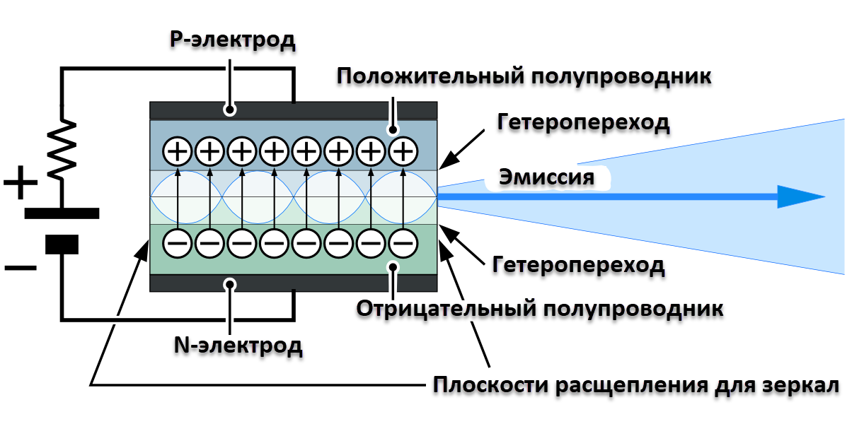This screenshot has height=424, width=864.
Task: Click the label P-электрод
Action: pos(232,40)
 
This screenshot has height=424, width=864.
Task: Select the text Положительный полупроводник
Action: pos(524,76)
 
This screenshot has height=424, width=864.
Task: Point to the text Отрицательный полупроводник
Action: pos(539,309)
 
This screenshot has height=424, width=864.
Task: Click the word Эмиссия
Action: pos(546,177)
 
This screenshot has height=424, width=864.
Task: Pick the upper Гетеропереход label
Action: pos(582,123)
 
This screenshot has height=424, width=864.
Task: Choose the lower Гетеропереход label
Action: pos(577,266)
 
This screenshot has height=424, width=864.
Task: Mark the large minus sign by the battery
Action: pos(21,268)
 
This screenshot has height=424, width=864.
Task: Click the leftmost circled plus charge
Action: pos(178,151)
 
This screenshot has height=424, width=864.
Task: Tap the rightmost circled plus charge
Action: pos(403,151)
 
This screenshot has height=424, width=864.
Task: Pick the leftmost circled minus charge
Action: pos(178,243)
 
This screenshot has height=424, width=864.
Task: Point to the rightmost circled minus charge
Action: pos(403,243)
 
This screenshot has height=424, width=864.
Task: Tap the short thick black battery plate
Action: pos(62,244)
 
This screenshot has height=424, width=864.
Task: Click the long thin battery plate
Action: pos(62,213)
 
